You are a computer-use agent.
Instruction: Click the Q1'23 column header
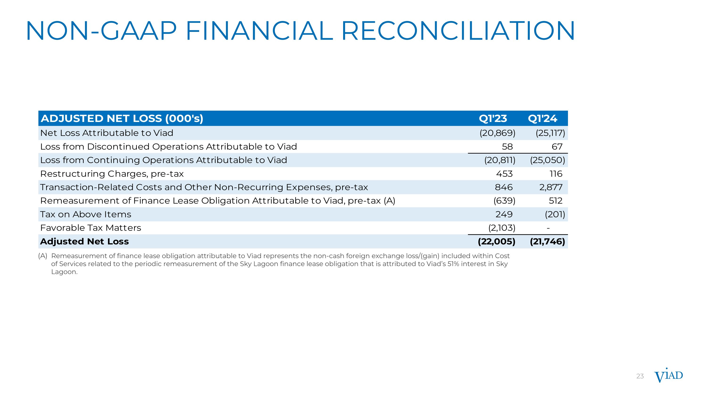[493, 118]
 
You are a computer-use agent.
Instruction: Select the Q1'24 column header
[542, 118]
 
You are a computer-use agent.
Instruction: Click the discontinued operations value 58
[507, 147]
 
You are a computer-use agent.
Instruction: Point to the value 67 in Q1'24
[557, 147]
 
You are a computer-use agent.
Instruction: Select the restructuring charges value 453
[504, 174]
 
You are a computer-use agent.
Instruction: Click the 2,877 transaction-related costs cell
[551, 187]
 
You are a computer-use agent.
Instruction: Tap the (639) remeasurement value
[504, 201]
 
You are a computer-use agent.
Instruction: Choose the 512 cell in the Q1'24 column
[555, 201]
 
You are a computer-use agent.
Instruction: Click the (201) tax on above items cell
[555, 214]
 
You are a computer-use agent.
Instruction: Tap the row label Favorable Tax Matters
[90, 228]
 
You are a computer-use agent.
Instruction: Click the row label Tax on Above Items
[86, 214]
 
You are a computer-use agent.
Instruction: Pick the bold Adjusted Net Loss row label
[84, 241]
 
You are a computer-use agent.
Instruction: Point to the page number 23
[640, 376]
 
